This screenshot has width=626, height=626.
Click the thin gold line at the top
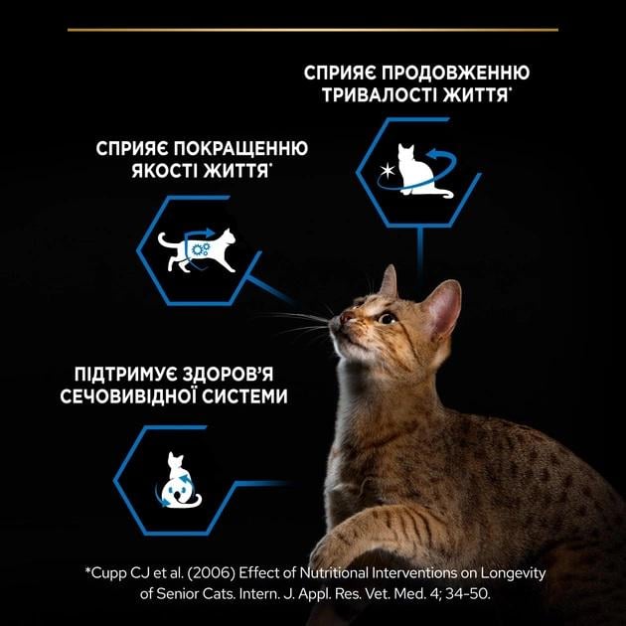(x=313, y=30)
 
